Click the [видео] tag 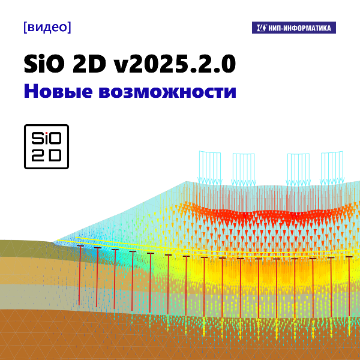pos(46,27)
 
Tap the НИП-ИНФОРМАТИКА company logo pos(293,28)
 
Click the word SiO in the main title pos(46,63)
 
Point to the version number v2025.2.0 pos(174,63)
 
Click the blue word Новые pos(62,92)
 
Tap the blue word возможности pos(170,92)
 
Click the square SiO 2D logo pos(46,146)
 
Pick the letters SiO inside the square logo pos(46,137)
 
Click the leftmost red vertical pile pos(80,273)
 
